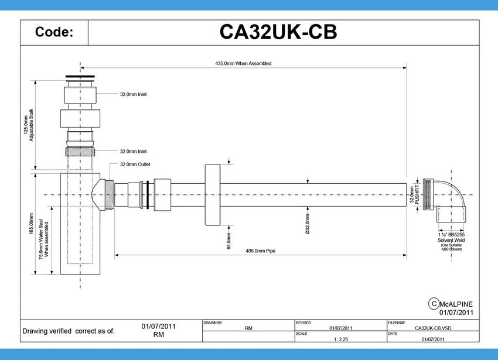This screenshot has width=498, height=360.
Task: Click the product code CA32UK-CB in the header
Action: point(278,32)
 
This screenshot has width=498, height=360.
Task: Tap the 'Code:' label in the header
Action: point(54,32)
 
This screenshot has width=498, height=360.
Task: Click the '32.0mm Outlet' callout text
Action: point(135,164)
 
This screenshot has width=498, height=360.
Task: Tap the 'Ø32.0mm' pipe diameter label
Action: point(308,224)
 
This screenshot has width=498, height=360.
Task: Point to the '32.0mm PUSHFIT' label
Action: point(415,196)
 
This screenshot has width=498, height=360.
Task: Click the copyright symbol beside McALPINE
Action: point(434,303)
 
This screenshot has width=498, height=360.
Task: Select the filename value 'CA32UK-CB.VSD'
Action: point(432,328)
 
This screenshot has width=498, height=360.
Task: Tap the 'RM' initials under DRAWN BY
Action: point(248,328)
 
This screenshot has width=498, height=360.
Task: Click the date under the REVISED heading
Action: point(340,328)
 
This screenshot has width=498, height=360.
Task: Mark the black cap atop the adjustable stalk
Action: point(80,76)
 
